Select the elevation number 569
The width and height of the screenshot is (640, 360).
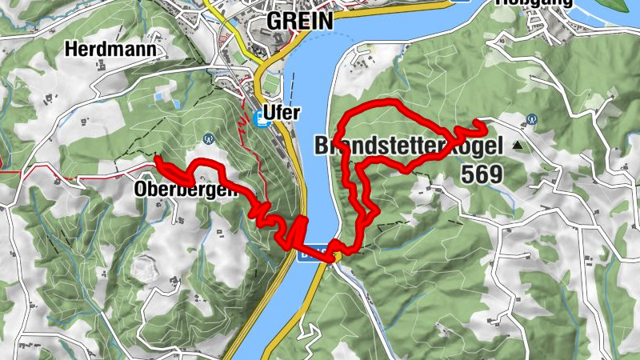coord(481,173)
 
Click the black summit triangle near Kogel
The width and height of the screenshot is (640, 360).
coord(517,146)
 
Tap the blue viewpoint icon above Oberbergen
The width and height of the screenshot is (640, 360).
coord(208,137)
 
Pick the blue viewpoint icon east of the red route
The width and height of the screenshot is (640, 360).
coord(531,120)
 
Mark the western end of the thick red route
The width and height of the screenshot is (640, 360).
coord(158,160)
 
